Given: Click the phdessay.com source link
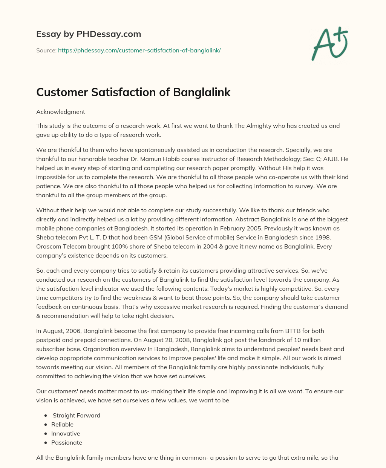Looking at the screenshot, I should (x=139, y=50).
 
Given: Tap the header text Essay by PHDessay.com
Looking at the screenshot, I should (x=89, y=34).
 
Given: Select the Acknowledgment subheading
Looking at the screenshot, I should (x=60, y=112).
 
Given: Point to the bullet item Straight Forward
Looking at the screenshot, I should (x=77, y=415).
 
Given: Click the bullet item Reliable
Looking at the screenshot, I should (x=62, y=424).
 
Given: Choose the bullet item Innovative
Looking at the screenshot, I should (x=66, y=433).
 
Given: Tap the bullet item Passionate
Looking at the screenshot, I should (x=66, y=442).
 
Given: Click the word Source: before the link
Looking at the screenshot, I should (x=46, y=50).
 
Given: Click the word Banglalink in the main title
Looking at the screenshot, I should (x=202, y=92).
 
